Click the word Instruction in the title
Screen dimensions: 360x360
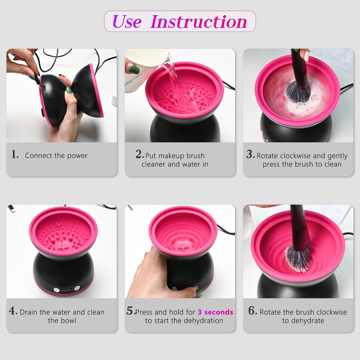[198, 22]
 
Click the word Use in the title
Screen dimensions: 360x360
[127, 22]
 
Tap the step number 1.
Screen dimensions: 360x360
[15, 154]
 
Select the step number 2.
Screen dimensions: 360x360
[139, 154]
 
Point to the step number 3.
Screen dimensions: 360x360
[251, 154]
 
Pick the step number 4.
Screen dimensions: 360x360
[13, 310]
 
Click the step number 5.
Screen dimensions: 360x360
[130, 310]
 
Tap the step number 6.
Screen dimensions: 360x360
[252, 310]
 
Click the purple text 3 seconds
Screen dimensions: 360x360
[216, 312]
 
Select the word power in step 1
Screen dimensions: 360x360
[77, 156]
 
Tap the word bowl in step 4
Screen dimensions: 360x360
[68, 320]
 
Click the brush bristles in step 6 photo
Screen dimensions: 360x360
[298, 258]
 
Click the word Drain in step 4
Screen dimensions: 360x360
[29, 312]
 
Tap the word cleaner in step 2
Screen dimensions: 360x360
[153, 164]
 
